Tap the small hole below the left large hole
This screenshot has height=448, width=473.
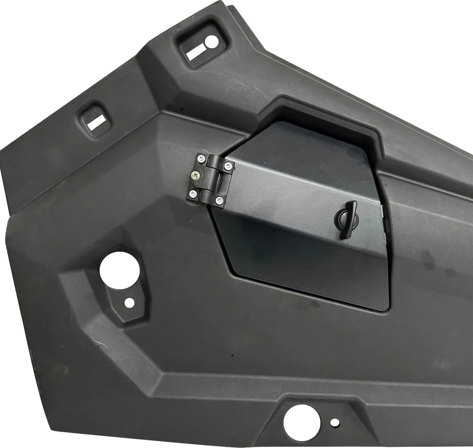[128, 302]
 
